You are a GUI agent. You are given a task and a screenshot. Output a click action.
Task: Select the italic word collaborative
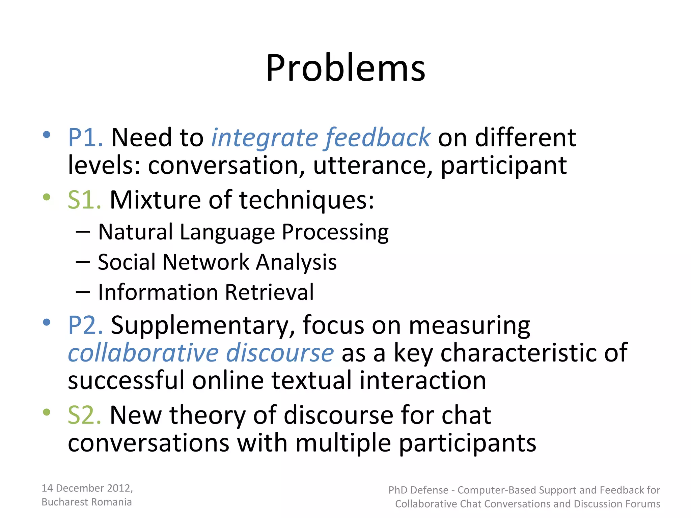tap(143, 353)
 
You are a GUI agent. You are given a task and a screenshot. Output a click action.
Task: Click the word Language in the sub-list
tap(227, 232)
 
